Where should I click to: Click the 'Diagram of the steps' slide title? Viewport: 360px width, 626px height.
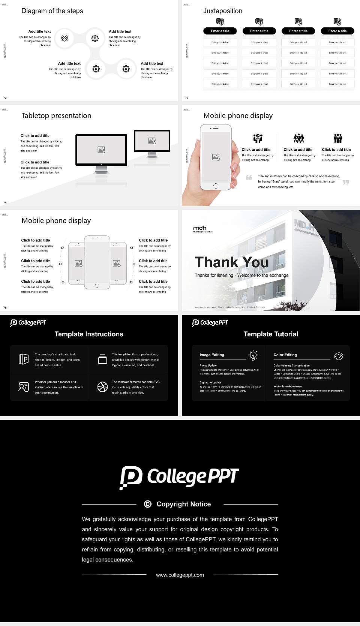pyautogui.click(x=52, y=11)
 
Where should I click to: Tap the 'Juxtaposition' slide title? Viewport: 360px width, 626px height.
pyautogui.click(x=222, y=11)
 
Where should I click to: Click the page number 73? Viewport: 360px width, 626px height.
pyautogui.click(x=187, y=97)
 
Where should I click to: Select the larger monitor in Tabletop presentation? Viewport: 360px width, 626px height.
pyautogui.click(x=101, y=150)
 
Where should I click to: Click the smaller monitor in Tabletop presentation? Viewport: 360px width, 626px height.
pyautogui.click(x=152, y=141)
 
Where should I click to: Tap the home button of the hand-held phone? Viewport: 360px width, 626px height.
pyautogui.click(x=215, y=186)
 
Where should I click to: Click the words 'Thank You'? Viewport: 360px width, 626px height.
pyautogui.click(x=232, y=262)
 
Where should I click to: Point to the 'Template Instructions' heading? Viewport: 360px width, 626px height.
pyautogui.click(x=89, y=334)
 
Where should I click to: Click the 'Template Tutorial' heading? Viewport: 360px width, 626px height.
pyautogui.click(x=271, y=334)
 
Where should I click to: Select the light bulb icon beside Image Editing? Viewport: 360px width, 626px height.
pyautogui.click(x=253, y=355)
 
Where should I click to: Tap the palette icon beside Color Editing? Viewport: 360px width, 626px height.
pyautogui.click(x=338, y=356)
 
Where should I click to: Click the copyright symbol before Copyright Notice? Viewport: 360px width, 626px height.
pyautogui.click(x=148, y=504)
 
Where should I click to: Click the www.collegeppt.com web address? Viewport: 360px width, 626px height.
pyautogui.click(x=180, y=575)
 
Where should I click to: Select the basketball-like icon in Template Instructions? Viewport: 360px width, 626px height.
pyautogui.click(x=102, y=387)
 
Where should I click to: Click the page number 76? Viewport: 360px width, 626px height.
pyautogui.click(x=5, y=307)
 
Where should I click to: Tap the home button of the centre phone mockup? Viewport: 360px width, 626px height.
pyautogui.click(x=97, y=286)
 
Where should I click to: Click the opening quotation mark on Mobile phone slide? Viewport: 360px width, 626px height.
pyautogui.click(x=249, y=177)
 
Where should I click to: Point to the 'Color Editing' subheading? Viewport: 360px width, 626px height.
pyautogui.click(x=285, y=355)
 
